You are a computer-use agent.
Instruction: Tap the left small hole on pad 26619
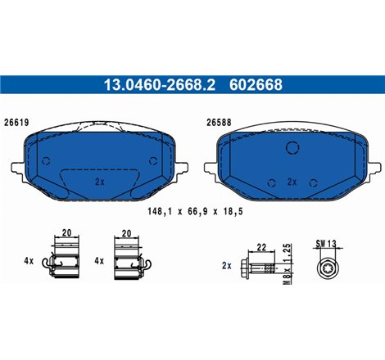pos(48,161)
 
